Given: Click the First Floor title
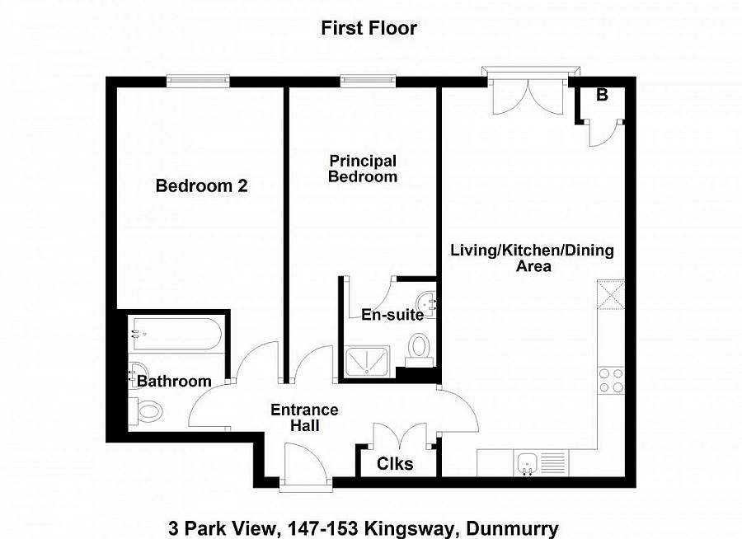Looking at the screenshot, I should point(369,28).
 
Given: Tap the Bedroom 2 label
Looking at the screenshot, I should point(201,186).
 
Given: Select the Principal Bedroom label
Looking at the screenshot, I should point(363,169).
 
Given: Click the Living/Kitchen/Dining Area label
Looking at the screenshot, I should point(532,258).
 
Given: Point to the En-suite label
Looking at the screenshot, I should point(392,315).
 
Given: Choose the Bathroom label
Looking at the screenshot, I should point(174,382).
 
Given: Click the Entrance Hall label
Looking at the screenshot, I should point(305,418).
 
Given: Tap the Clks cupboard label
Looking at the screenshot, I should point(394,464).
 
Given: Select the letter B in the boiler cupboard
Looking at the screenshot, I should point(602,96).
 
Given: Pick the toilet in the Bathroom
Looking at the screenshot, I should point(148,410).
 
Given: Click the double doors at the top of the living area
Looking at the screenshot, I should point(528,95).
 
